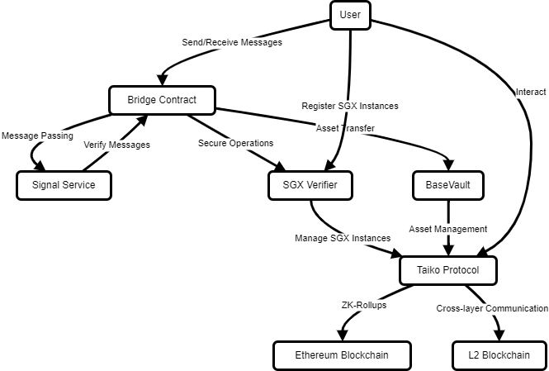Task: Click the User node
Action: tap(350, 15)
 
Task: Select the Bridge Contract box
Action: tap(162, 101)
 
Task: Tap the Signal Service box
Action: tap(64, 185)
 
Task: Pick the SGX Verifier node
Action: tap(310, 185)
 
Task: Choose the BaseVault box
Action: tap(447, 185)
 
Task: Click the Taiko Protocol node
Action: tap(449, 270)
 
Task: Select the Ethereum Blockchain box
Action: tap(342, 355)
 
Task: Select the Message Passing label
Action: tap(37, 135)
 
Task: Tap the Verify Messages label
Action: tap(117, 144)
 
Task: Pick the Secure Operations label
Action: tap(235, 143)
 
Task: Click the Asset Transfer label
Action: tap(345, 128)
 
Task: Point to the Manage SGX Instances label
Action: tap(343, 238)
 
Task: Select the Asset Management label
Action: tap(448, 228)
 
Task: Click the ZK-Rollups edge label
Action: tap(363, 305)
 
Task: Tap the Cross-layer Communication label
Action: tap(492, 308)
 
